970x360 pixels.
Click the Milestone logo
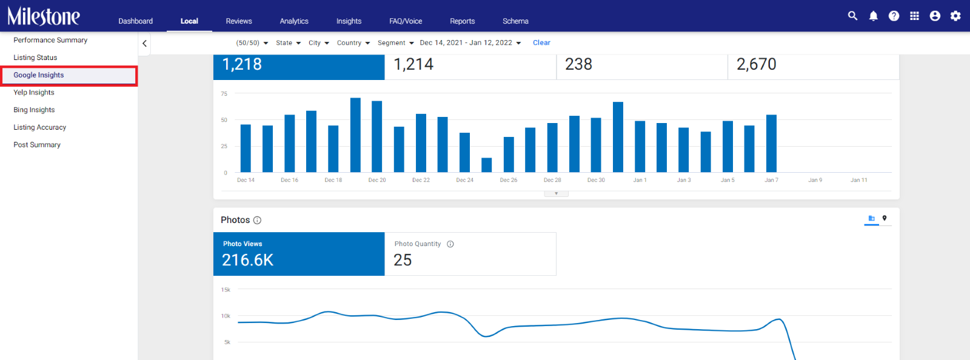point(43,16)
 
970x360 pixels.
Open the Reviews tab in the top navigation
point(239,21)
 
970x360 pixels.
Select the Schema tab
point(515,21)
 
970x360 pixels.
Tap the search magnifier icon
point(852,16)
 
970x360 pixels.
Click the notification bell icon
point(874,16)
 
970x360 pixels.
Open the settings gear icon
point(955,16)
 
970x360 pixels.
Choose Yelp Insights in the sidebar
point(34,92)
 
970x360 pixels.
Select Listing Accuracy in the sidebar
point(40,127)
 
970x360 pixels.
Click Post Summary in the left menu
point(37,144)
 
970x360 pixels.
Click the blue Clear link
point(541,42)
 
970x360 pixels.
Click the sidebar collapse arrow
point(145,43)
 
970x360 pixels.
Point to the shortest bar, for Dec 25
point(486,165)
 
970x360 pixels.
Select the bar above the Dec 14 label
point(246,148)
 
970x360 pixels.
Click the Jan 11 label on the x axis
point(858,180)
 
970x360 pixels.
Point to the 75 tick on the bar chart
point(224,93)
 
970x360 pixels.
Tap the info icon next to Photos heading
point(257,220)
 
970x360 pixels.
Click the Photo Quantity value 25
point(403,259)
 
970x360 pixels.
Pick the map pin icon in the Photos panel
point(885,218)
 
